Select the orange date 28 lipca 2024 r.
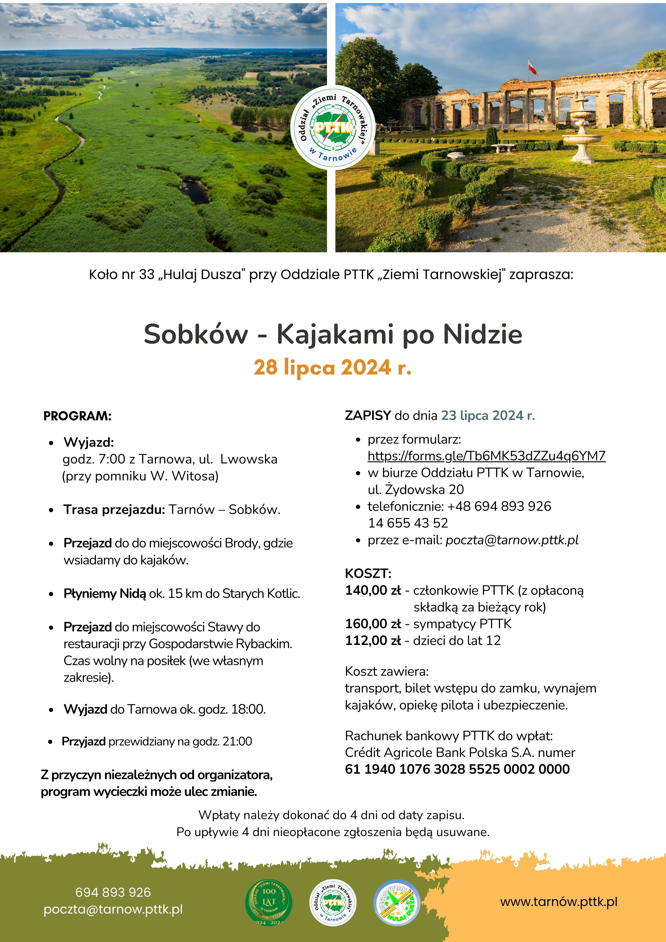332,367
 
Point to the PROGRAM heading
77,416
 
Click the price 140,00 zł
373,590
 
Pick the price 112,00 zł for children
373,640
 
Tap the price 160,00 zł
373,624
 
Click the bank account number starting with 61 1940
457,769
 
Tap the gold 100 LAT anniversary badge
269,902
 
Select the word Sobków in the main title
196,334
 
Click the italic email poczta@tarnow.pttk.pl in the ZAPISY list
512,540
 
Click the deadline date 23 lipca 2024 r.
488,416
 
